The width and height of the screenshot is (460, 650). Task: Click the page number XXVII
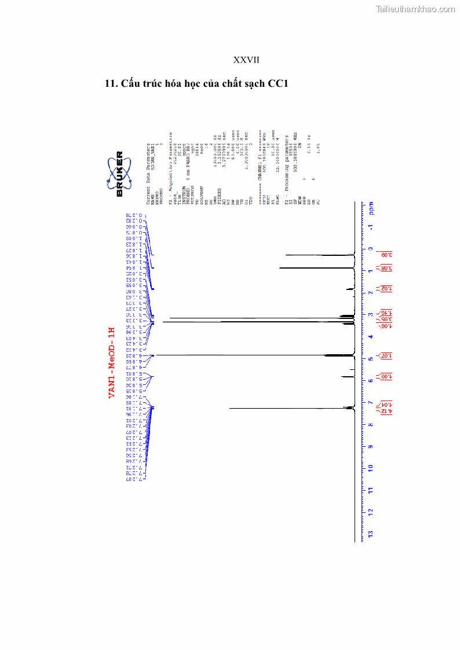click(x=246, y=60)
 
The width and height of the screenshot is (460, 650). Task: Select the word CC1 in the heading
click(x=278, y=83)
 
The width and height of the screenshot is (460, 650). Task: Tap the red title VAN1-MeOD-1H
click(x=112, y=362)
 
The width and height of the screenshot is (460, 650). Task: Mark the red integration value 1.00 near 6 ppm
click(x=385, y=377)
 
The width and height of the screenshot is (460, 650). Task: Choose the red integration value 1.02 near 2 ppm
click(x=385, y=288)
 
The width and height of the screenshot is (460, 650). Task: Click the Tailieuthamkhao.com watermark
click(x=415, y=9)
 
